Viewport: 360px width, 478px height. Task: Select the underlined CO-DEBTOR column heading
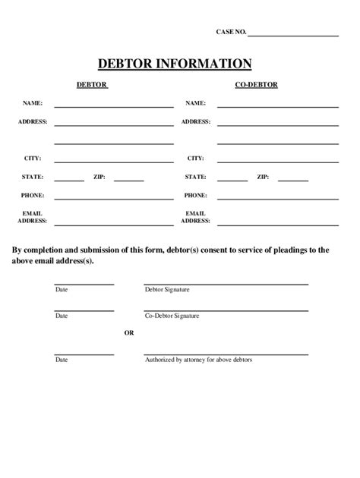click(x=256, y=85)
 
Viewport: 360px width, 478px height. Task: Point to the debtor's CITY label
click(x=33, y=159)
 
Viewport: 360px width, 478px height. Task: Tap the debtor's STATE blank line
click(x=69, y=181)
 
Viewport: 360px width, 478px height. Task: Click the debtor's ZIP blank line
click(x=129, y=181)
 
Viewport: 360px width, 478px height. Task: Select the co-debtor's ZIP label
click(x=263, y=177)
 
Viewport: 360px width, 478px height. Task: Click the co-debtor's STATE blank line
click(x=232, y=181)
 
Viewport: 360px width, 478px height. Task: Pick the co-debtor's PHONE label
click(x=195, y=195)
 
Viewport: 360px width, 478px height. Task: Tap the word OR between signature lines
click(x=129, y=332)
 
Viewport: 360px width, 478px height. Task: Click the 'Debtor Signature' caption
click(x=166, y=290)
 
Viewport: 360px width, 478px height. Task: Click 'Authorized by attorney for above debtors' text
click(x=198, y=360)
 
